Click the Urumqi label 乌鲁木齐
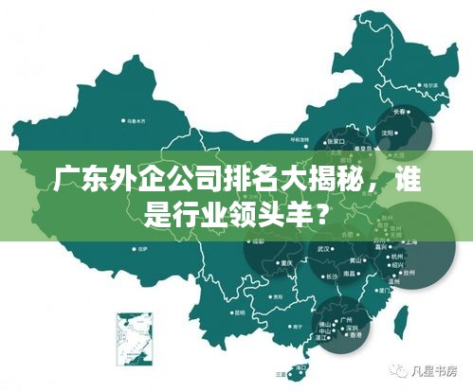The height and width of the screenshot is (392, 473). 136,121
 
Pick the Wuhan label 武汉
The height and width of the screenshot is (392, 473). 324,249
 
